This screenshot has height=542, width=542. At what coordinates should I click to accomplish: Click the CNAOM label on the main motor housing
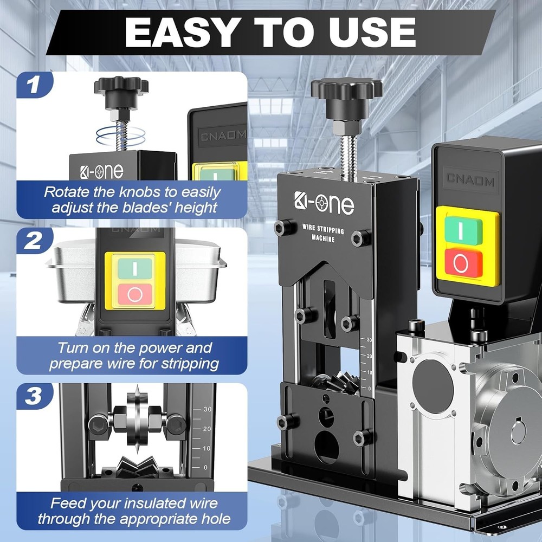(470, 178)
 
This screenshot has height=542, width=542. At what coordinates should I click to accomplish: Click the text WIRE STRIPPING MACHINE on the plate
(322, 233)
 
